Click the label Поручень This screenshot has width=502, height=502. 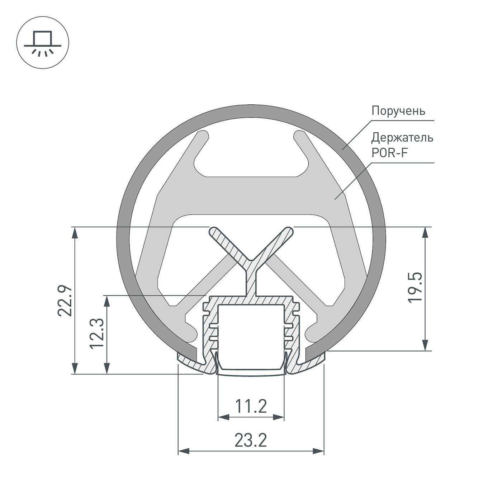pyautogui.click(x=398, y=110)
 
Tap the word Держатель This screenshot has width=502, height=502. pyautogui.click(x=402, y=137)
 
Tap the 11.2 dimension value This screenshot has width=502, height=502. pyautogui.click(x=251, y=406)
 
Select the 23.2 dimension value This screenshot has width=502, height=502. pyautogui.click(x=251, y=440)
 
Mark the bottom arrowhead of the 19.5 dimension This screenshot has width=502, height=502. pyautogui.click(x=425, y=345)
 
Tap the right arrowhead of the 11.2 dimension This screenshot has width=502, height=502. pyautogui.click(x=279, y=417)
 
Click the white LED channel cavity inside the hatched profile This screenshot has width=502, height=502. pyautogui.click(x=251, y=330)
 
